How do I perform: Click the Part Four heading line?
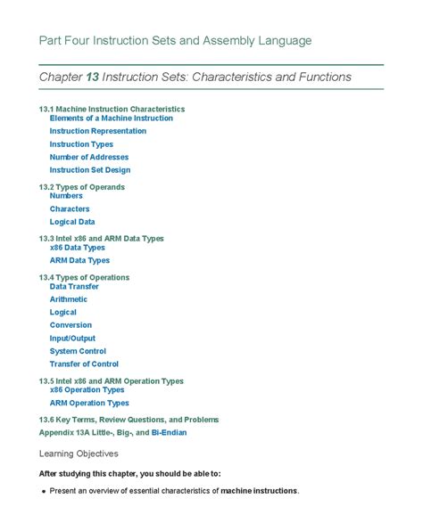point(175,41)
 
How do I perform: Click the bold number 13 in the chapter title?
point(92,78)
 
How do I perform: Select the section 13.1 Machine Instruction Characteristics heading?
point(112,109)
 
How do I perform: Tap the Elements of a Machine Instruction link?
point(112,118)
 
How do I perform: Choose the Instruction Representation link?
point(98,131)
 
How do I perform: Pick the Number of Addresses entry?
point(89,157)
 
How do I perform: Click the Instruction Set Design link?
point(90,170)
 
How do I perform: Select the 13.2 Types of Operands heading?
point(82,187)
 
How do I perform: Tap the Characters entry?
point(70,209)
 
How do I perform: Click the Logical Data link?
point(72,222)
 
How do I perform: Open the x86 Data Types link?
point(78,248)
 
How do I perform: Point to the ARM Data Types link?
point(79,261)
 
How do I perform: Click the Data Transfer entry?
point(74,287)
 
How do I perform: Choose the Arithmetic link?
point(69,299)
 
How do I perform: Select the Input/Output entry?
point(72,339)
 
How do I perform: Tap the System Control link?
point(78,351)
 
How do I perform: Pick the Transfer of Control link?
point(84,364)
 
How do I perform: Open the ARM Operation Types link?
point(89,403)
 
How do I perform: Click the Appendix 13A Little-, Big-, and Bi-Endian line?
point(113,432)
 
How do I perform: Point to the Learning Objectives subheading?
point(79,454)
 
